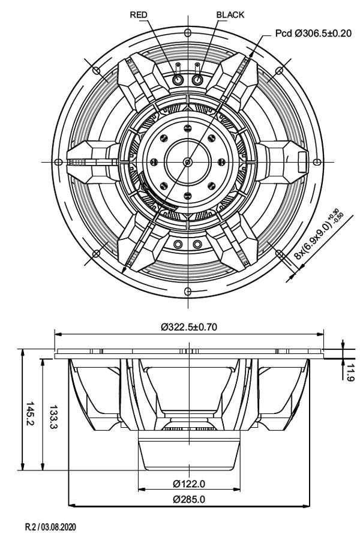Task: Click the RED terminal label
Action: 139,15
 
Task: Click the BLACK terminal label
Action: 230,15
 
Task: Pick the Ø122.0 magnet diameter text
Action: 189,484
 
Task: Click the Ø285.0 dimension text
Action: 189,499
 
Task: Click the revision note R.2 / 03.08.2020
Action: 50,528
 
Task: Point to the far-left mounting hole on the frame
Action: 58,162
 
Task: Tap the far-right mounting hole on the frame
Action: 317,162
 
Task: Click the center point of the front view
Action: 188,162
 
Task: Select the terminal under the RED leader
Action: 178,79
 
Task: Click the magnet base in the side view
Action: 189,456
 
